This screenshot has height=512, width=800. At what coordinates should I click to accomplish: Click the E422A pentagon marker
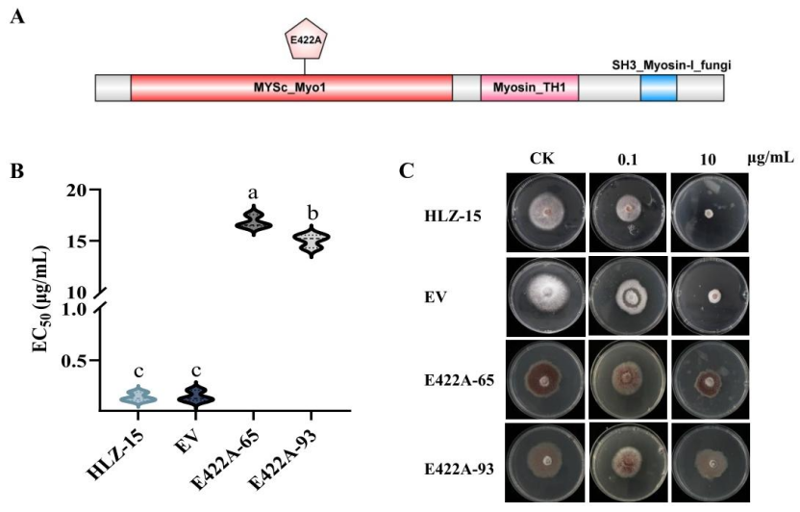306,38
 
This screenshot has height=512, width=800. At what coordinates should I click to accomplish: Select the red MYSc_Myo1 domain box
291,88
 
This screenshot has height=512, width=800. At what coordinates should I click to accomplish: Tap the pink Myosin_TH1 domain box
529,88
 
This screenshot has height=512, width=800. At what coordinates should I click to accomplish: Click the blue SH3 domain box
658,88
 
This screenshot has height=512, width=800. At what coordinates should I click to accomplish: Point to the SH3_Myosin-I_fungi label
671,65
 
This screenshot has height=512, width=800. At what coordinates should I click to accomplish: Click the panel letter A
18,17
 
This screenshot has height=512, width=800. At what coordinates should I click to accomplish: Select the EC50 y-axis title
40,298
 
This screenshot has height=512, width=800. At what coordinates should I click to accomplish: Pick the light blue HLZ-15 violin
138,397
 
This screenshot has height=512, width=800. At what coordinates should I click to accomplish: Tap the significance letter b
312,214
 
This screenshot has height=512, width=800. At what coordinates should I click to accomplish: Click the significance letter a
253,193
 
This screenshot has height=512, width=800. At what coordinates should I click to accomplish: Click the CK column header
542,159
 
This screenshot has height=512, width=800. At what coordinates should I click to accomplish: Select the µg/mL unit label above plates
771,158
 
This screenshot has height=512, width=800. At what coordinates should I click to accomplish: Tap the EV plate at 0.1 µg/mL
628,296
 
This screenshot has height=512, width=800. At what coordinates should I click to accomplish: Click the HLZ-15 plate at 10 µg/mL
710,213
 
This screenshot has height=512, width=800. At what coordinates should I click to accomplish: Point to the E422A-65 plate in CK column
545,380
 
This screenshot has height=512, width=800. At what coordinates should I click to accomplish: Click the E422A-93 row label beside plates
460,469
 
